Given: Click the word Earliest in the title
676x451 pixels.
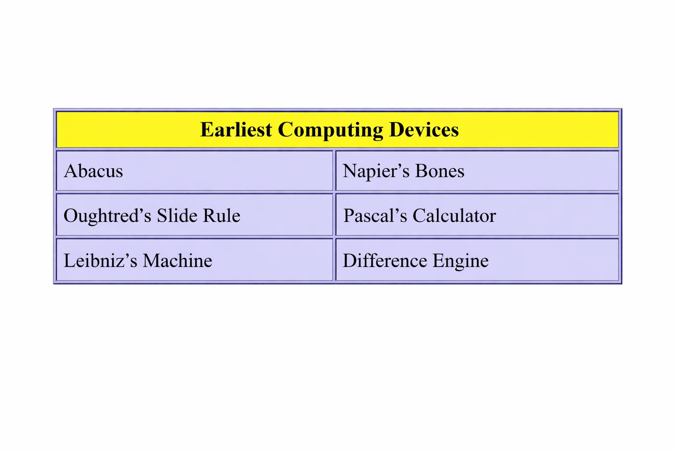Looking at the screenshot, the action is coord(236,129).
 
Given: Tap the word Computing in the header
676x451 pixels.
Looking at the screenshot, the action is coord(331,131).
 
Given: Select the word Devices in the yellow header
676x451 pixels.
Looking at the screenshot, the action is coord(424,129).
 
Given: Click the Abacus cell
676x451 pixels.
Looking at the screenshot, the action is coord(195,171).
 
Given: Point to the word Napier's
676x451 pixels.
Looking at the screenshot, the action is coord(376,172).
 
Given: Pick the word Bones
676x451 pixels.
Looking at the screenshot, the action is coord(440,171).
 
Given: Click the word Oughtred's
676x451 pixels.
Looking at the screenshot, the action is coord(107,216).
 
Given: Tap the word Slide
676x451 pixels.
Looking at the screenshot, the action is coord(176,215).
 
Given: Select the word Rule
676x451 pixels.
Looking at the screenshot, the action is coord(221,215).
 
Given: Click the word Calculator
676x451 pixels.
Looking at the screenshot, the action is coord(454,216).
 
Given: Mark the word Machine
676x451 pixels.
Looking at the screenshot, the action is coord(177,260).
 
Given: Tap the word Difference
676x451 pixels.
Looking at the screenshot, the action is coord(385,260).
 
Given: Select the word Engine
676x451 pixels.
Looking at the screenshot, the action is coord(460,262).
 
